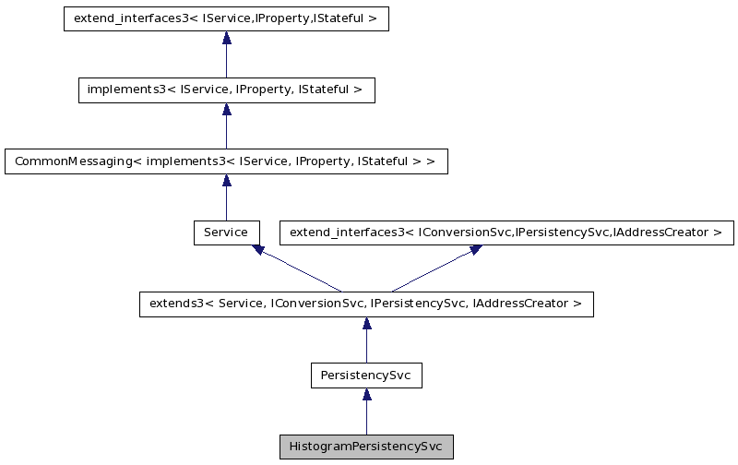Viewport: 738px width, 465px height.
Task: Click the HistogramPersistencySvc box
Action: point(366,447)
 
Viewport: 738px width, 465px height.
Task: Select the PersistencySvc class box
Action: point(366,376)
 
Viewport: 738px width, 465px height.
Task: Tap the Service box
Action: point(226,232)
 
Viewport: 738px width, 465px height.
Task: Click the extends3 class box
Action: point(366,304)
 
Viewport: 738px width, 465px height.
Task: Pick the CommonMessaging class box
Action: point(226,161)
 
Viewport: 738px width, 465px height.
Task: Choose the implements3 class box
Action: point(226,90)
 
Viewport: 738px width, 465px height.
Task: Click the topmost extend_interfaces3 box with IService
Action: point(226,19)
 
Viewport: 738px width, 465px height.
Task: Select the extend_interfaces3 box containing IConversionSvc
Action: point(506,232)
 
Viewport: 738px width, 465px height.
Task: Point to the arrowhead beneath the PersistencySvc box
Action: point(366,395)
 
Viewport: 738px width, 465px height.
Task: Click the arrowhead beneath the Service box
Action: point(259,249)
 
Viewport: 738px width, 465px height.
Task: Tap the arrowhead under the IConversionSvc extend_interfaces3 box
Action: point(474,249)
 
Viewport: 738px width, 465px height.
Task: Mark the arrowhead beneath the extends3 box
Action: point(366,324)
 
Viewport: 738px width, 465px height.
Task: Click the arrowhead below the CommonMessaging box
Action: point(226,181)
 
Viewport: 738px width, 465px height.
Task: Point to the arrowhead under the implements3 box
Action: point(226,110)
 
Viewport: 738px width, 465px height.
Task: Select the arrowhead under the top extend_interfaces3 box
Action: point(226,39)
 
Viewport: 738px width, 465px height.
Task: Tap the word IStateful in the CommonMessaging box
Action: point(390,161)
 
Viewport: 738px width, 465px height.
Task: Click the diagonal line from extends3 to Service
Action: point(300,269)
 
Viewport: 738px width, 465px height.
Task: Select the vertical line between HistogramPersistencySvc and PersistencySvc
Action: point(366,418)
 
